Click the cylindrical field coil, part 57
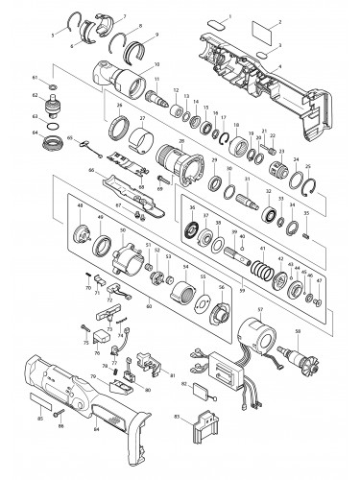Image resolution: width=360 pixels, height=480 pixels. pos(253,343)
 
